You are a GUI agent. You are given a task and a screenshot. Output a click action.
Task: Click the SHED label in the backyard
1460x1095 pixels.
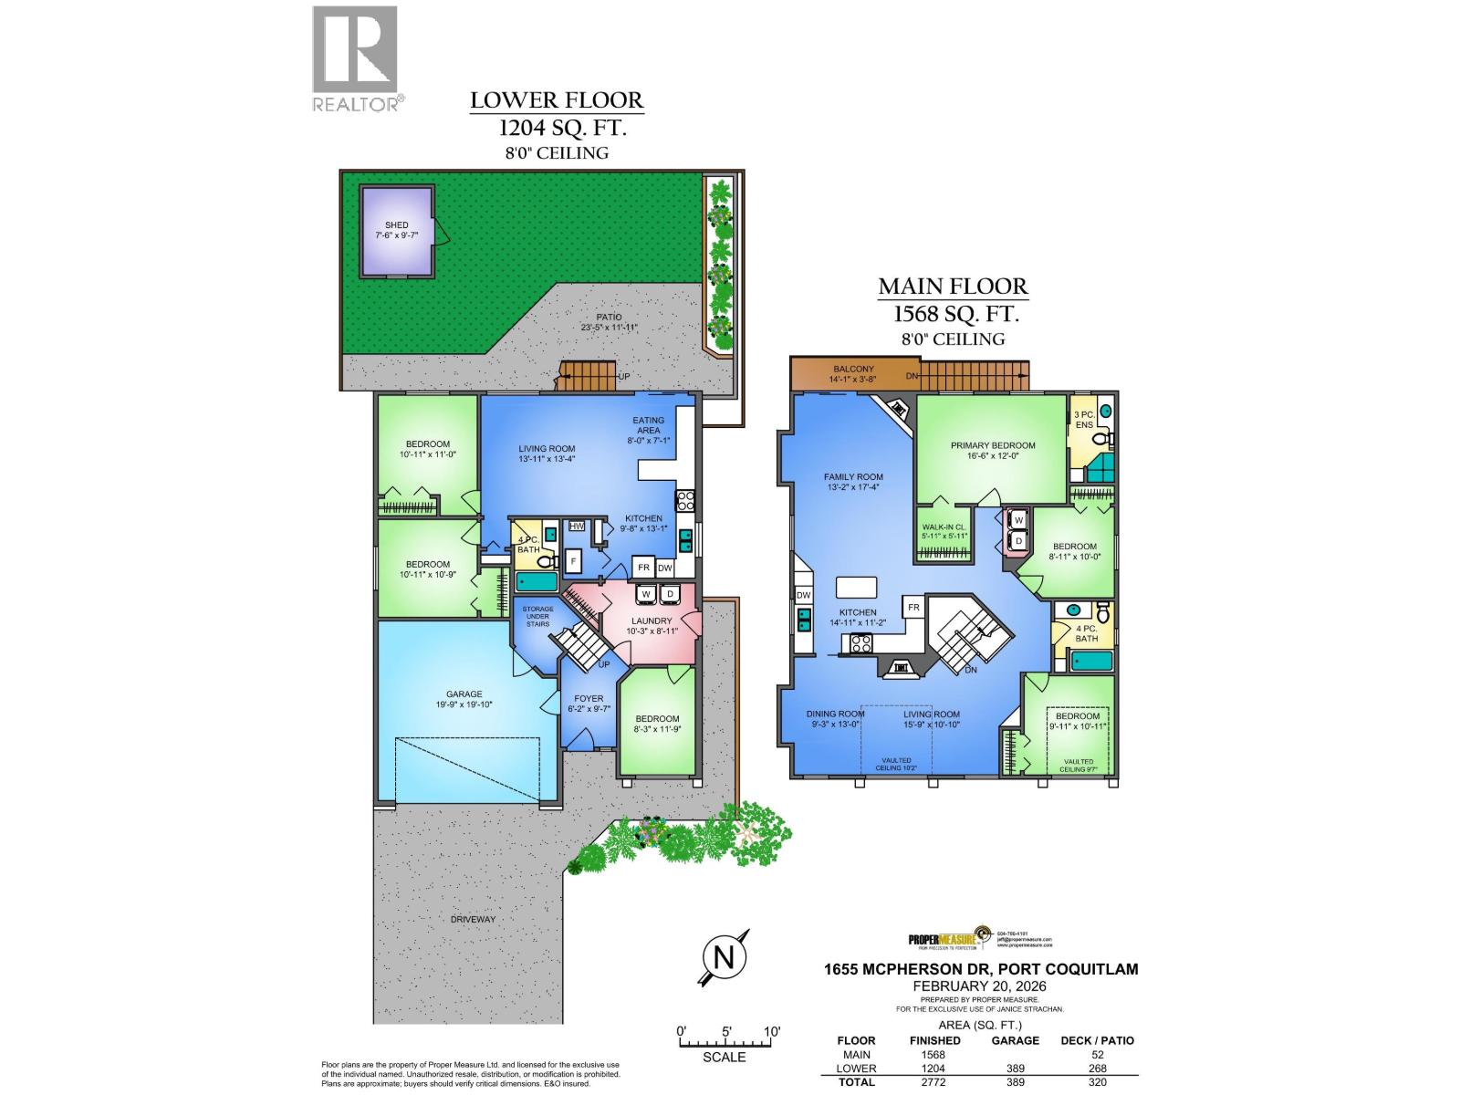click(396, 224)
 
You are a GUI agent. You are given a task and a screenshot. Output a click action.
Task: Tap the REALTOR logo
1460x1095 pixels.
click(356, 58)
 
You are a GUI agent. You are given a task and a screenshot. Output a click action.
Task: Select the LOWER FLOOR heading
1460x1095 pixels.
click(557, 100)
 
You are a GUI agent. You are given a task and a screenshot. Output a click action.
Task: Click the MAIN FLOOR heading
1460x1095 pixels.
click(953, 287)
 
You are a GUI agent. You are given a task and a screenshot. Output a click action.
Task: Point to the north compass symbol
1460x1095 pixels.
click(725, 958)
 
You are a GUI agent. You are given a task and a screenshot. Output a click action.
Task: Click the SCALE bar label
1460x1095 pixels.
click(724, 1057)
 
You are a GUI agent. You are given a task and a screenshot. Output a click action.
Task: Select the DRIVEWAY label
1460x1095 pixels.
click(473, 919)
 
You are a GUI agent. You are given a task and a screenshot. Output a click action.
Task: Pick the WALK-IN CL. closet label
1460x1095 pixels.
click(944, 527)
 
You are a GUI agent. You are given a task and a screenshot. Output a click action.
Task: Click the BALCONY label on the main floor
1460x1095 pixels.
click(852, 370)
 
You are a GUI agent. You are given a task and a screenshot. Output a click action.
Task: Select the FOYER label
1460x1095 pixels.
click(589, 699)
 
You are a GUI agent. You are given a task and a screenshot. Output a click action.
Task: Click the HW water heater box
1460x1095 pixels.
click(577, 527)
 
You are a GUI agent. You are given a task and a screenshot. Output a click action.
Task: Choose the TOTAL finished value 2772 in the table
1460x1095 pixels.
click(934, 1082)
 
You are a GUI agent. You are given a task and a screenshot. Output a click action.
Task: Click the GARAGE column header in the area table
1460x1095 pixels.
click(1016, 1040)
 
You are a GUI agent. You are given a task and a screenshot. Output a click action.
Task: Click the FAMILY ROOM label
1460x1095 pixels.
click(853, 476)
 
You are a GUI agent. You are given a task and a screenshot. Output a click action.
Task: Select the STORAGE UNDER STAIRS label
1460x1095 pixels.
click(537, 616)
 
